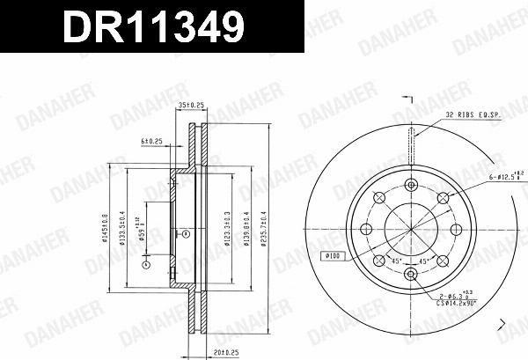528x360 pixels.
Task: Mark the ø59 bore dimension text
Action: tap(141, 230)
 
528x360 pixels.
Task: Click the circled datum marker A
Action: tap(147, 263)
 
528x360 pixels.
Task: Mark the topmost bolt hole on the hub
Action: tap(411, 185)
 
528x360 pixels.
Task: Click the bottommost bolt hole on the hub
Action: tap(411, 275)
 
